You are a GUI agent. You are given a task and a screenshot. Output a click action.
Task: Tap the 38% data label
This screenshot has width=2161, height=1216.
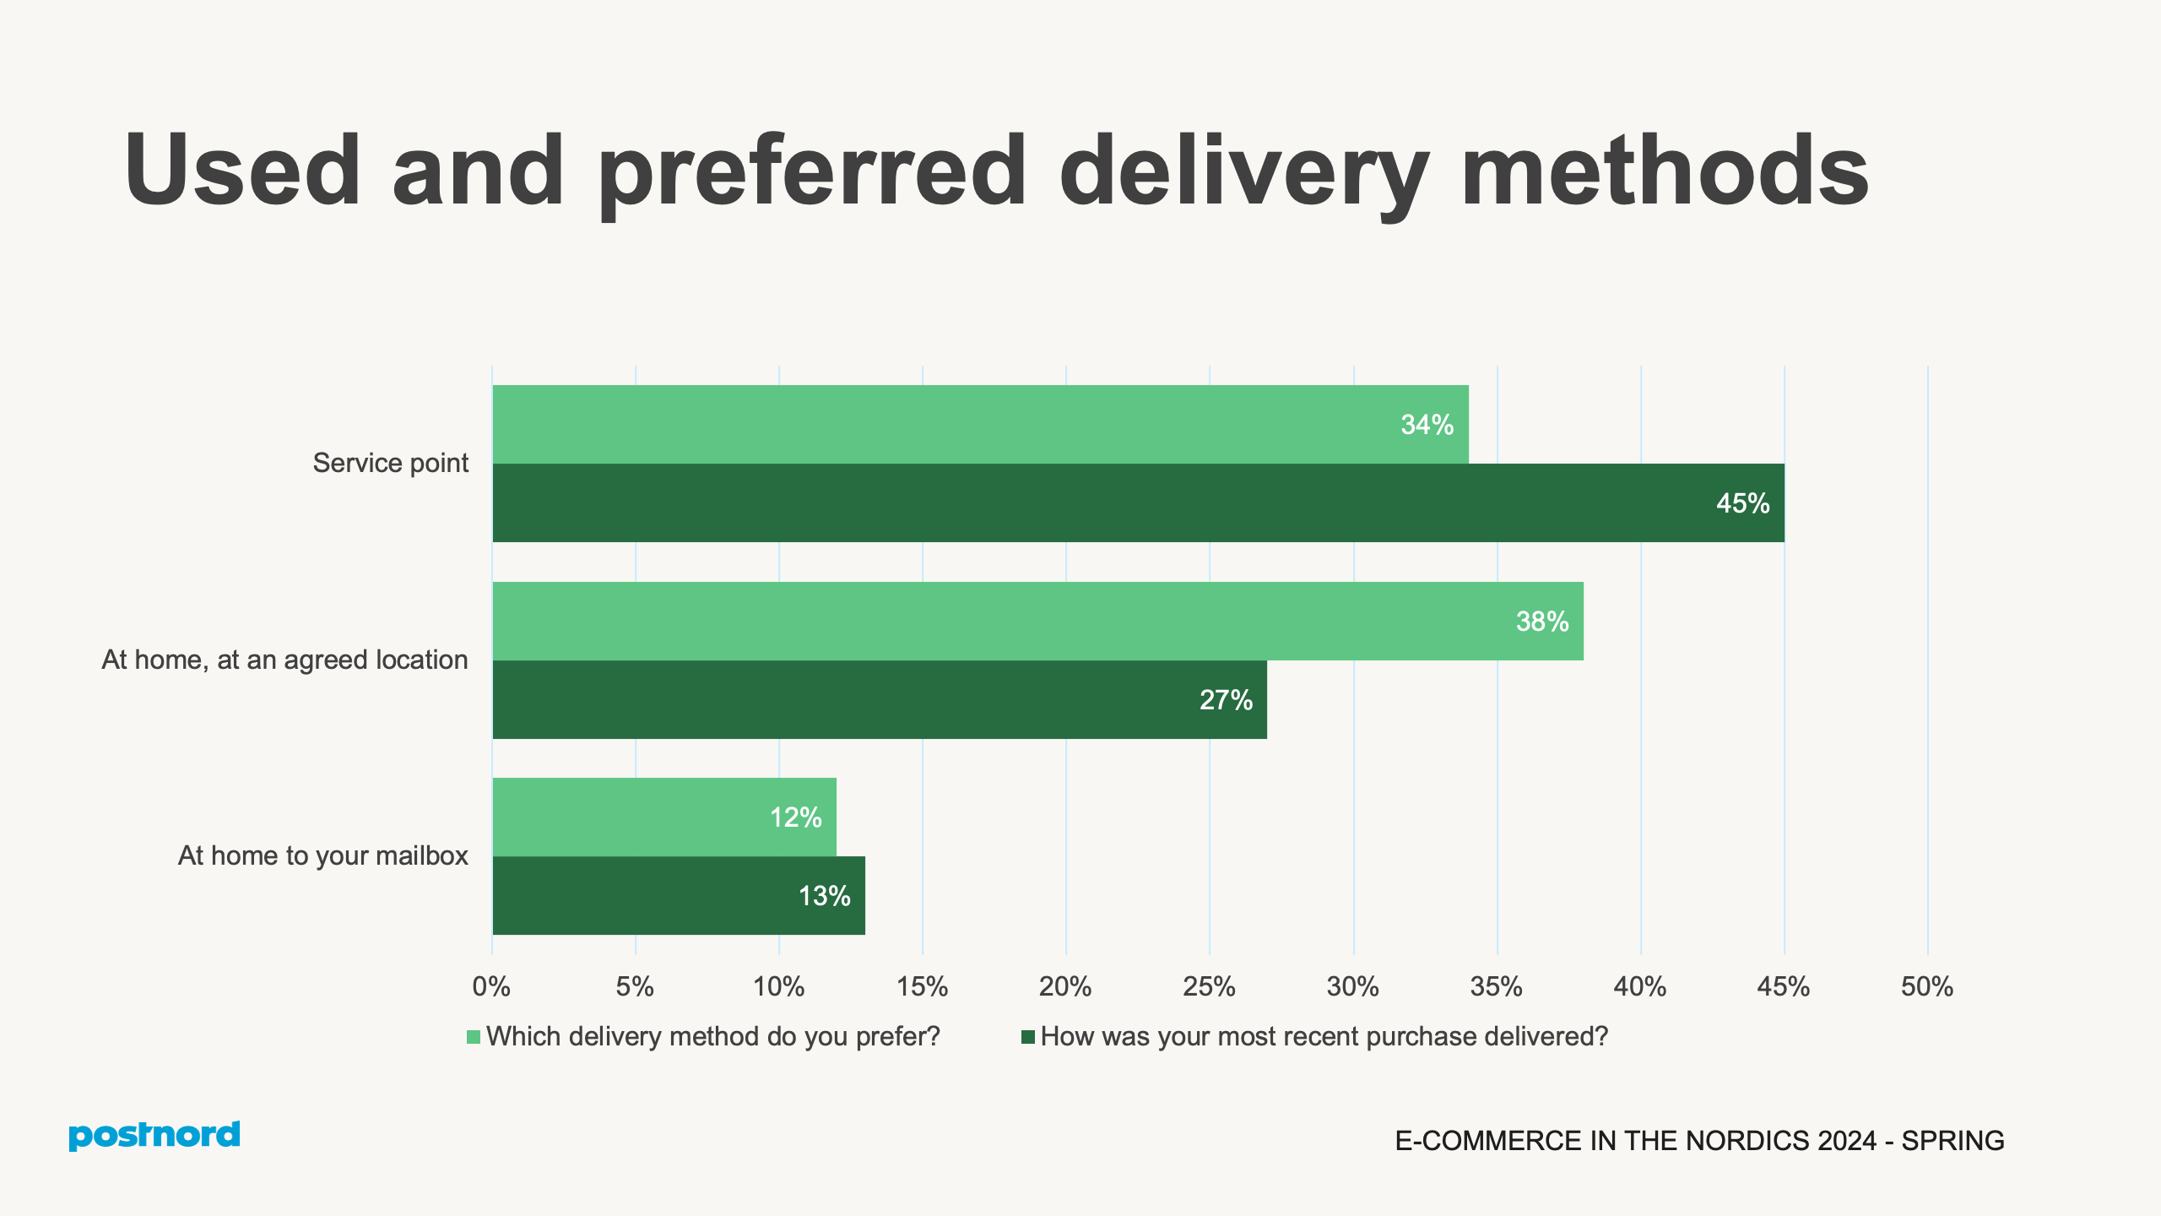[1541, 622]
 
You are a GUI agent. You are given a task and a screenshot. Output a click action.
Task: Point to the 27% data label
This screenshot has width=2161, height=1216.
[1226, 700]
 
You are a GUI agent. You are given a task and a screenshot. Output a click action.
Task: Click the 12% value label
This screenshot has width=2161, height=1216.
[795, 817]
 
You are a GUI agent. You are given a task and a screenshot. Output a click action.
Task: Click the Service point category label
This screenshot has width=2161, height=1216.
[390, 463]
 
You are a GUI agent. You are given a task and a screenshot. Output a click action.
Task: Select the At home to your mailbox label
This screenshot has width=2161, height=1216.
[322, 855]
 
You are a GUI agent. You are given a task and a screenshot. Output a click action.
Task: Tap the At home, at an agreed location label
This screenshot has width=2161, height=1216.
[284, 660]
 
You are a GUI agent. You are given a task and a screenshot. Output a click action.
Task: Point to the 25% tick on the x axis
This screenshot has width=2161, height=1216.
[1209, 986]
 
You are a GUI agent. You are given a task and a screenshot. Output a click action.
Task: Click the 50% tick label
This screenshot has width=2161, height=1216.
[1926, 986]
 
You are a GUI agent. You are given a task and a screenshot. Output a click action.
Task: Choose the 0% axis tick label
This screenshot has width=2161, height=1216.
[491, 986]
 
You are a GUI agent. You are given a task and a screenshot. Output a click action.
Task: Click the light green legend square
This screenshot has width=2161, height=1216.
[474, 1037]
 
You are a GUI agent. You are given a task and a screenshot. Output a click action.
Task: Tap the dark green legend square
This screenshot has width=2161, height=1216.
[1027, 1037]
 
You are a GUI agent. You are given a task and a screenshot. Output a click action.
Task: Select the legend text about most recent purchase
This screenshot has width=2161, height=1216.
[1324, 1036]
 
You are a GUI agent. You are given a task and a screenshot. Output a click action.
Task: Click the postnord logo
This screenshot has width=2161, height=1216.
[154, 1135]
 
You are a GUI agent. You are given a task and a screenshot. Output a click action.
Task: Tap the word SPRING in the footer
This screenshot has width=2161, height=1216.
[1952, 1141]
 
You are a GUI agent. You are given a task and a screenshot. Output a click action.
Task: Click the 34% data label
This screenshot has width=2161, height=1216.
[1427, 425]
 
